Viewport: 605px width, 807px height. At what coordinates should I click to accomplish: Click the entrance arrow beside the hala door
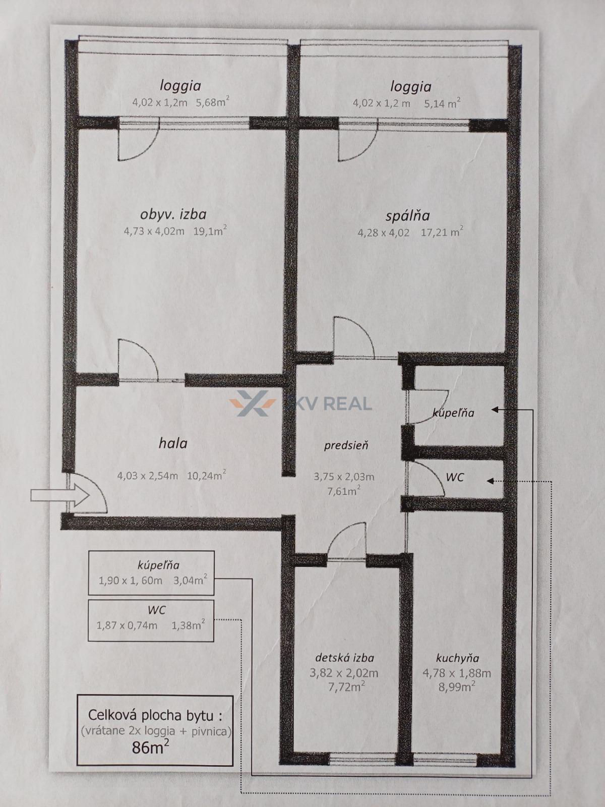(60, 496)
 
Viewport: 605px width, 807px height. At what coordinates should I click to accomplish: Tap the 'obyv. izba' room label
(173, 214)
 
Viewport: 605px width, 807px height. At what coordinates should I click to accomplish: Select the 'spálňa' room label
(408, 216)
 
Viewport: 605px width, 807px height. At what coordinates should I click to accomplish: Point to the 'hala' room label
(173, 443)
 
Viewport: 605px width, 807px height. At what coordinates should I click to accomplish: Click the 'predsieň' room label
(346, 446)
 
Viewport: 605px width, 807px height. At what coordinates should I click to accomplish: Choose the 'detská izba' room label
(344, 658)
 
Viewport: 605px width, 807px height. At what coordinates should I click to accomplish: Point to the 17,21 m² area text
(442, 232)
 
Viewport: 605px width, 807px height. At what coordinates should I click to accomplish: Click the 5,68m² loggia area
(213, 101)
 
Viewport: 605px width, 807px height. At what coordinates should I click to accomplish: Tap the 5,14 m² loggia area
(442, 103)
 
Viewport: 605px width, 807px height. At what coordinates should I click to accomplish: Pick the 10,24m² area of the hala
(206, 476)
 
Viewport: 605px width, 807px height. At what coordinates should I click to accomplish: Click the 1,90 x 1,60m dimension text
(131, 581)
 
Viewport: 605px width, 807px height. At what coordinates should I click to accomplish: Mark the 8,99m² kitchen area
(457, 686)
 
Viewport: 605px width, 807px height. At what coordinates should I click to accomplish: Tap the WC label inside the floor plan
(455, 477)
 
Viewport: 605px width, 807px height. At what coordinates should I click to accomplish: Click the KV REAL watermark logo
(300, 403)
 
